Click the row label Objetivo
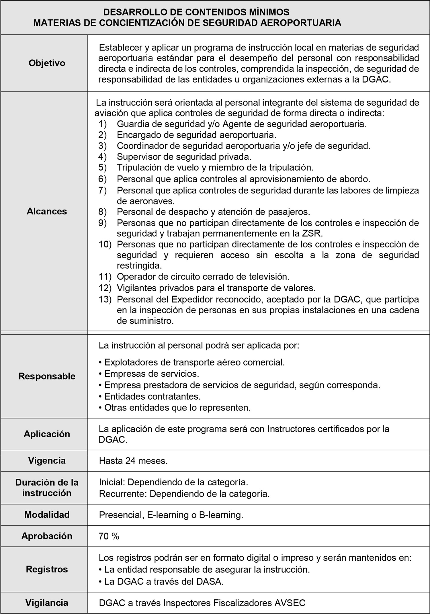[x=47, y=63]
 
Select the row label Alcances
[x=47, y=211]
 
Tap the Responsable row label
[x=47, y=376]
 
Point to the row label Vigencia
[x=47, y=461]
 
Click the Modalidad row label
[x=47, y=515]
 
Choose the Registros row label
[x=47, y=569]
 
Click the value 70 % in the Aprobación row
[x=109, y=536]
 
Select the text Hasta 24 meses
[x=133, y=461]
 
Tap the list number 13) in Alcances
[x=105, y=299]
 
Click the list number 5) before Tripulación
[x=102, y=167]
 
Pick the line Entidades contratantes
[x=152, y=396]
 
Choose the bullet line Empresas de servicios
[x=151, y=374]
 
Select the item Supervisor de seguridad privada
[x=184, y=157]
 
